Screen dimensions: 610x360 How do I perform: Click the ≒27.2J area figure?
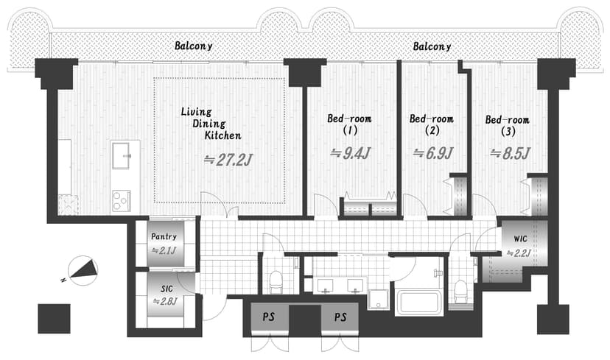point(228,160)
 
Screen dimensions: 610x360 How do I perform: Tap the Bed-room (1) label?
point(349,124)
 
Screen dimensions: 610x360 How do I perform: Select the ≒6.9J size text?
point(433,153)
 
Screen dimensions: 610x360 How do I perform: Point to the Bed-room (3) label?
point(508,125)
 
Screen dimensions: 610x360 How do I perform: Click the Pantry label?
point(164,236)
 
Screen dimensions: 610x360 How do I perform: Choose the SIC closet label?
point(166,289)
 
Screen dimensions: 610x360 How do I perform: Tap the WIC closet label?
point(521,239)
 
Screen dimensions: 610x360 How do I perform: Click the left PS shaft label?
point(268,317)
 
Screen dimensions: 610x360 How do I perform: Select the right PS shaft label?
point(340,317)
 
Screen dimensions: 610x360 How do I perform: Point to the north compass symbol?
point(82,270)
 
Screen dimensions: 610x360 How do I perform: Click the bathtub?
point(418,303)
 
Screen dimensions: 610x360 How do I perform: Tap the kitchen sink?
point(122,156)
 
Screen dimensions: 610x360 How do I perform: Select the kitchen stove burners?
point(121,200)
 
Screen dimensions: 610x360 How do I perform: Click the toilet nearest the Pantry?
point(276,282)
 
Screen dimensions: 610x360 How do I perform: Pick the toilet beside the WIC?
point(460,292)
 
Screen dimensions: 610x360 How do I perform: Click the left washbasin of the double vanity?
point(324,286)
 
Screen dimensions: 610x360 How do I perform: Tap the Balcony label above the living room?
point(193,46)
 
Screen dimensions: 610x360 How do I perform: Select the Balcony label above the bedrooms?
point(432,46)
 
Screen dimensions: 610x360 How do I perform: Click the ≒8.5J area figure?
point(510,154)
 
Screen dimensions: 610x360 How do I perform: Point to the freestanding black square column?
point(54,319)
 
